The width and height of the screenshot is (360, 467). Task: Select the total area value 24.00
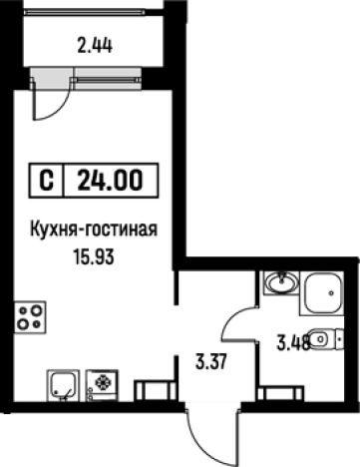(x=111, y=182)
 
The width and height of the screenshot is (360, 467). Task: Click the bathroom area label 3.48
(x=292, y=345)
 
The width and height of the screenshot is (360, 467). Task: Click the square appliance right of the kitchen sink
(x=102, y=383)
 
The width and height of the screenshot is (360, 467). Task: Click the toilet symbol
(x=322, y=340)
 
